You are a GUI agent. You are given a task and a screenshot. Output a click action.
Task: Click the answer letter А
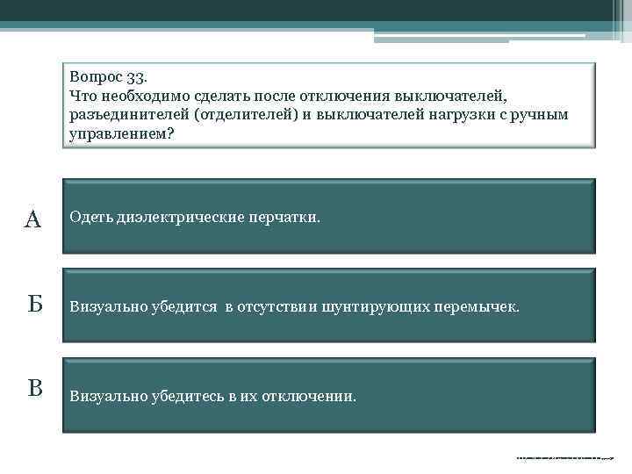(32, 219)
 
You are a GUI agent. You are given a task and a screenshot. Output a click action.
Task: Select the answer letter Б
(33, 305)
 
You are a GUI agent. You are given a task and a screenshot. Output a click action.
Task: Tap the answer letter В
(33, 388)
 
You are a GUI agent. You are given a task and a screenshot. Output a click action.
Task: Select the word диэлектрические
(170, 217)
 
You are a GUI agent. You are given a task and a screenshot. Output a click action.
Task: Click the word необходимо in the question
(137, 96)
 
